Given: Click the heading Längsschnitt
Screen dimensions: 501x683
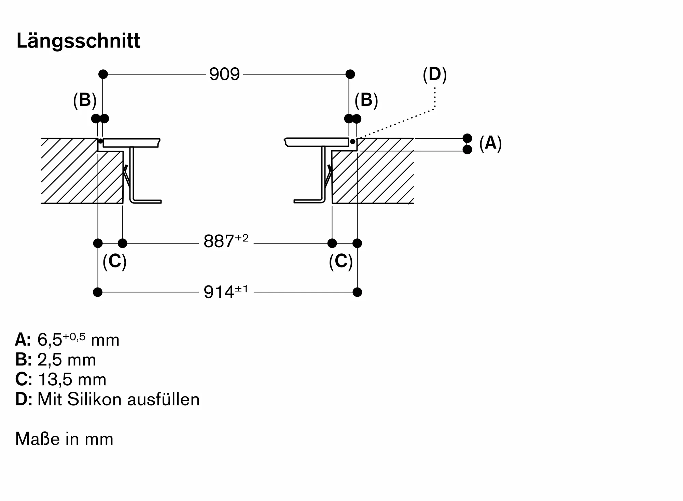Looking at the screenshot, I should click(78, 41).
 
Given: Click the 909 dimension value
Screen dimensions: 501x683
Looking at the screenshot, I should click(224, 74).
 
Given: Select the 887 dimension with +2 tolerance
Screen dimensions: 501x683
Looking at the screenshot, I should click(226, 241).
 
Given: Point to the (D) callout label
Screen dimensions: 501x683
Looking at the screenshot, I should click(434, 74).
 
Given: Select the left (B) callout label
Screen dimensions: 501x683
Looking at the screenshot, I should click(85, 100).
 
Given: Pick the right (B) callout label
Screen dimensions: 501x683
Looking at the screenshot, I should click(366, 100).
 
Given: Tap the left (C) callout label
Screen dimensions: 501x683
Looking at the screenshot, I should click(114, 261).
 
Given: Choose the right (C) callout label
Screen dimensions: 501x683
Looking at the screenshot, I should click(340, 261).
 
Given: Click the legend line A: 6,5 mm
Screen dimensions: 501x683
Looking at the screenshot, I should click(67, 340).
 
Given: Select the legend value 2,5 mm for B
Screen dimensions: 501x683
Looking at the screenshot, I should click(67, 360).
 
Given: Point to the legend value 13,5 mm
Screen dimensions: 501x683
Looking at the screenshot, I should click(72, 379).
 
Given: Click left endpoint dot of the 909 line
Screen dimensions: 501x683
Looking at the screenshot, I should click(103, 74).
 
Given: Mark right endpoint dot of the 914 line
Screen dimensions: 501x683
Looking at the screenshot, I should click(357, 292).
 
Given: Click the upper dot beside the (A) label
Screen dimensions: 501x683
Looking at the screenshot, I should click(467, 138).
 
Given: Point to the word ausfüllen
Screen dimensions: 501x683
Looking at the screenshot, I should click(164, 399).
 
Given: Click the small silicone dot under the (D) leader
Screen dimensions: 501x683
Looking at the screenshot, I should click(352, 141).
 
